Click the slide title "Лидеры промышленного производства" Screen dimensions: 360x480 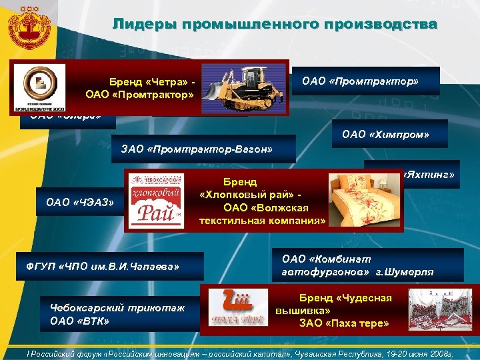(275, 25)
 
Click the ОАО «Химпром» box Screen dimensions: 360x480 (385, 135)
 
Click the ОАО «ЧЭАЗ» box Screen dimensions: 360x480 (79, 201)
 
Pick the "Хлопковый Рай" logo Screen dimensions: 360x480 (155, 201)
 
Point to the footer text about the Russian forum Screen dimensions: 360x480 (240, 354)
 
